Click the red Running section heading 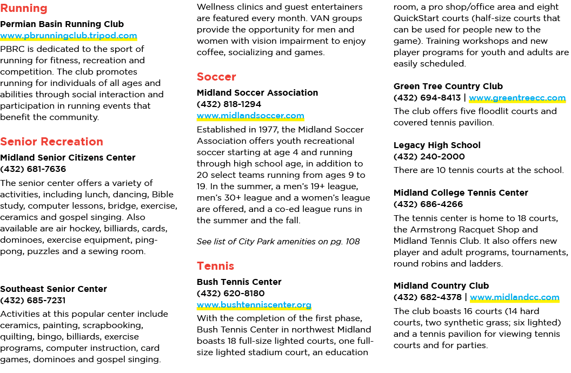click(24, 8)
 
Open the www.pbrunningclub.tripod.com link click(69, 36)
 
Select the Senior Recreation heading click(52, 142)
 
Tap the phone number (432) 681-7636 click(33, 169)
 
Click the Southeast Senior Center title click(54, 289)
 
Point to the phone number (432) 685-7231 click(33, 301)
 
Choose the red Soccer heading click(216, 77)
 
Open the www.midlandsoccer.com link click(250, 116)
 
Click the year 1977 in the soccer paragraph click(268, 130)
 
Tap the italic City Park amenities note click(278, 242)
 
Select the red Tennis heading click(215, 266)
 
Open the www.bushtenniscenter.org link click(254, 305)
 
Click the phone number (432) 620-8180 click(230, 294)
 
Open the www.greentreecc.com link click(517, 98)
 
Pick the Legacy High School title click(437, 145)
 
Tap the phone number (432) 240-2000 click(429, 157)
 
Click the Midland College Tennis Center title click(461, 193)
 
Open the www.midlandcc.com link click(515, 297)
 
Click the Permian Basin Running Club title click(62, 24)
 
